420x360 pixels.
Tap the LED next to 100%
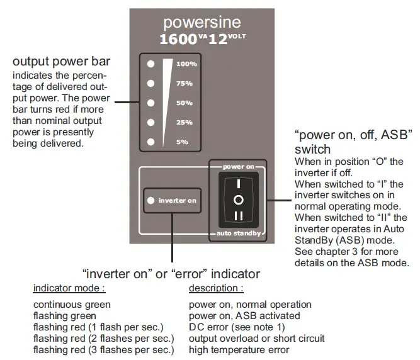pos(150,64)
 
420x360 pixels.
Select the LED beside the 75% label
pos(150,83)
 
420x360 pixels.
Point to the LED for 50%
pos(150,103)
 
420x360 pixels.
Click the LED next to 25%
pos(150,122)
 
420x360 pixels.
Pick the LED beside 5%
pos(150,142)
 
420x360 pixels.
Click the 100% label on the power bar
pos(186,64)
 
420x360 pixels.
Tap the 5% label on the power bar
pos(182,142)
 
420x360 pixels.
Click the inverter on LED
pos(150,200)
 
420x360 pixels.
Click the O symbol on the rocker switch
pos(238,199)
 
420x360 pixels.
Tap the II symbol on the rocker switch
pos(238,216)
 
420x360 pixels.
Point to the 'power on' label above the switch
pos(238,167)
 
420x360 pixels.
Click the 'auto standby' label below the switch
pos(238,233)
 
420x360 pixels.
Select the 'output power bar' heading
pos(62,62)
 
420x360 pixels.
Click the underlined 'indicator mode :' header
pos(69,288)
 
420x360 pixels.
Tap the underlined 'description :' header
pos(216,288)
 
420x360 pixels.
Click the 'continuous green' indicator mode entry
pos(72,305)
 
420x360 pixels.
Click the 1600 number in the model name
pos(178,39)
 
